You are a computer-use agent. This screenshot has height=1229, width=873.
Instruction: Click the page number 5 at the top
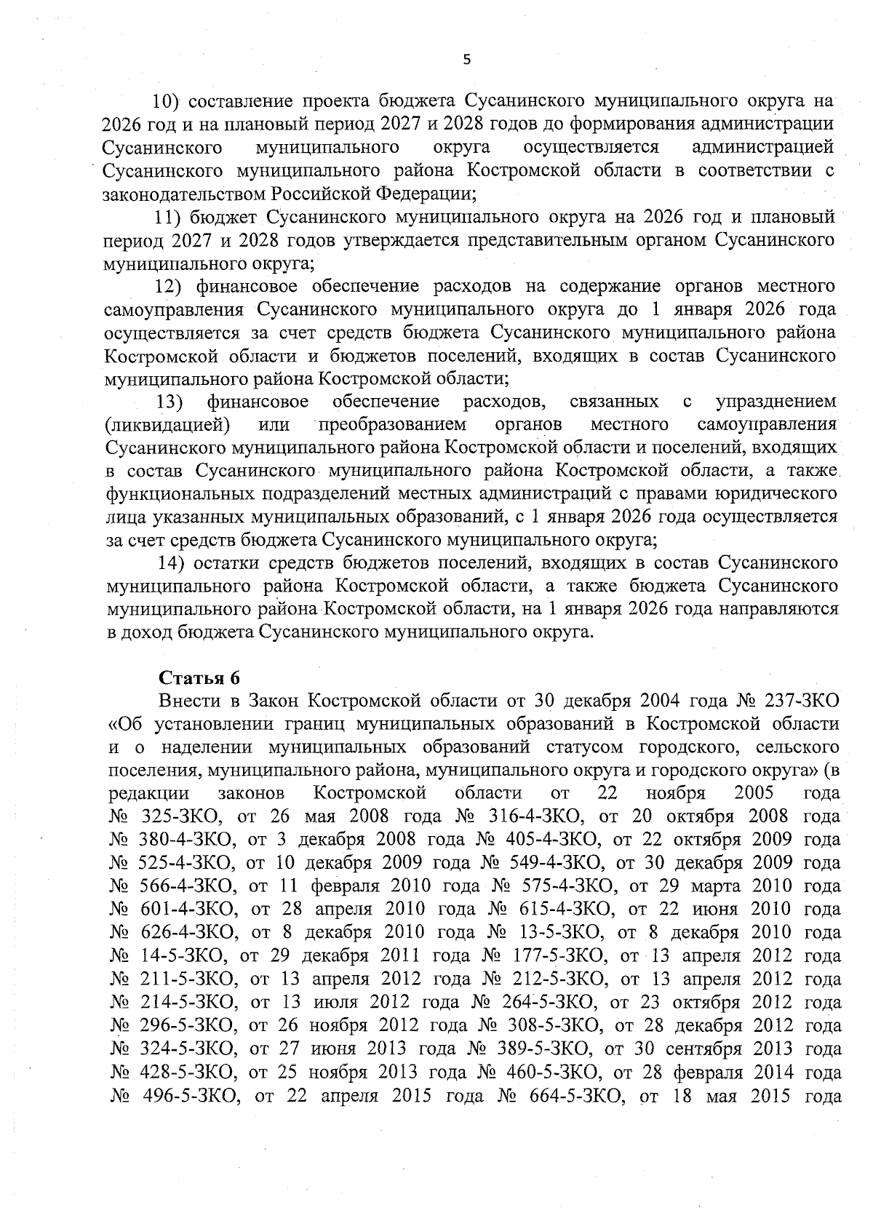467,60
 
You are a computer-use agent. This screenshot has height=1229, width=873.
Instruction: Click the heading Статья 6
199,677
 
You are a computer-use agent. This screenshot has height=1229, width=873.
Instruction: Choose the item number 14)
172,562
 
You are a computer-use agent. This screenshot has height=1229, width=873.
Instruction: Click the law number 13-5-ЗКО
561,933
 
